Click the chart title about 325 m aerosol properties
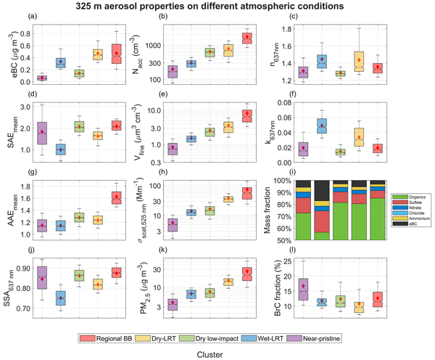pos(218,6)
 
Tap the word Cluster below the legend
pos(218,353)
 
